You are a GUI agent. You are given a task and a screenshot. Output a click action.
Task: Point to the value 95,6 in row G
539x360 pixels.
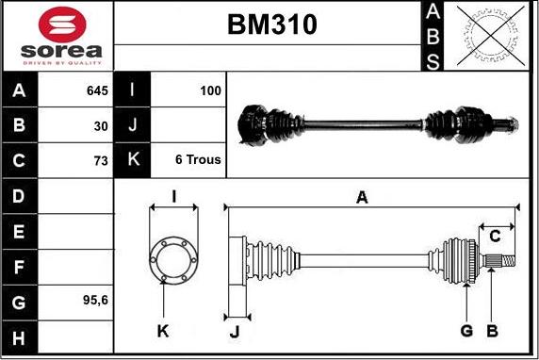tap(94, 302)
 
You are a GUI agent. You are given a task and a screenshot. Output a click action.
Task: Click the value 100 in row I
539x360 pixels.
tap(210, 91)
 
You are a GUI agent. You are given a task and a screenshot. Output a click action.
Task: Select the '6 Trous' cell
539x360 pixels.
tap(198, 160)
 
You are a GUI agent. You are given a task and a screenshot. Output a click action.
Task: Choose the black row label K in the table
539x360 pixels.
tap(132, 160)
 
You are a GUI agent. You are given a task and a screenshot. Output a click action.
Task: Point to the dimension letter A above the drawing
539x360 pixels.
tap(361, 196)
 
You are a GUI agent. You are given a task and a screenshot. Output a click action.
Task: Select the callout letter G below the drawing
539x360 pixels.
tap(466, 330)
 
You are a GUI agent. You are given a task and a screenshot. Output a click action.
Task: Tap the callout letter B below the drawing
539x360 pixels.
tap(490, 330)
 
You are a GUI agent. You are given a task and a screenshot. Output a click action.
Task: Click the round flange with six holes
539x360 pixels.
tap(173, 256)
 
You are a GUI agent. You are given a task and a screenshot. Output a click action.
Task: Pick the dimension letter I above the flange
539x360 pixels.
tap(173, 196)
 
